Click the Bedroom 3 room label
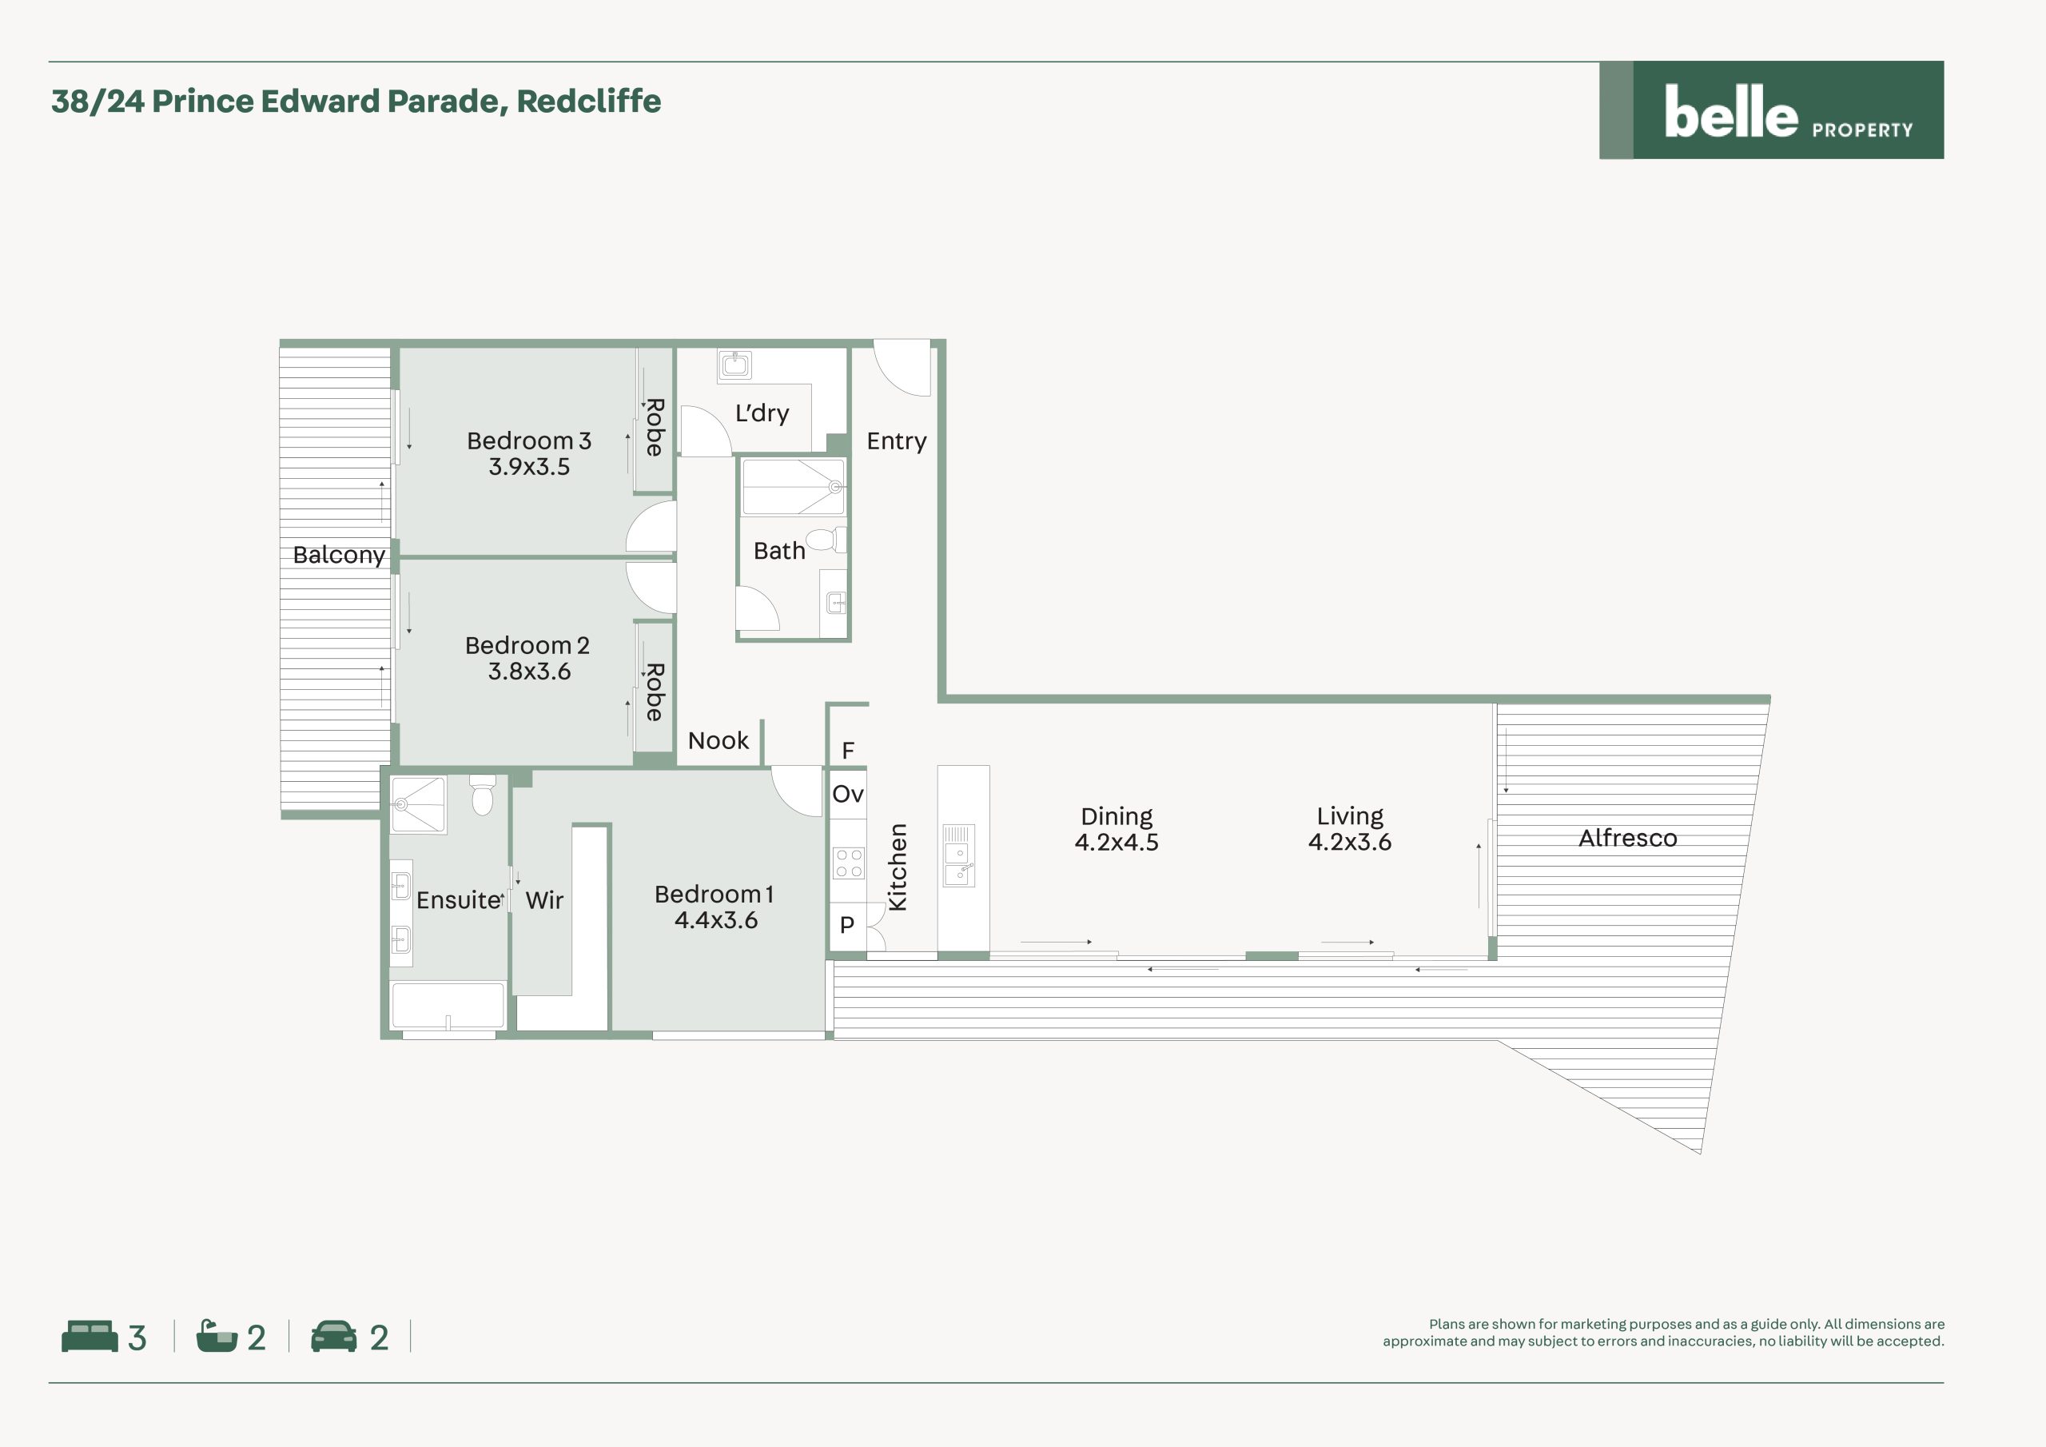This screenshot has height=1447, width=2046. pos(528,440)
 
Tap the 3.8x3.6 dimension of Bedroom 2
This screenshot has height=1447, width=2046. pos(528,672)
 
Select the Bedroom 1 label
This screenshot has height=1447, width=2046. pos(714,895)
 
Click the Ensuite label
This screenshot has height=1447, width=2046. pos(458,899)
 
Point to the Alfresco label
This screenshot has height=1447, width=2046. pos(1627,838)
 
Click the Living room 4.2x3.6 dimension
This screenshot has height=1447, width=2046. pos(1349,842)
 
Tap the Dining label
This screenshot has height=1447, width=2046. pos(1117,818)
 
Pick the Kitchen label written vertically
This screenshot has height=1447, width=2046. pos(898,867)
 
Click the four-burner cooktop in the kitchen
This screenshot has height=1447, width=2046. pos(848,862)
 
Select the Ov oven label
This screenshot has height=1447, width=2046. pos(847,794)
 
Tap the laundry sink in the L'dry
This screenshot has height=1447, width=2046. pos(735,364)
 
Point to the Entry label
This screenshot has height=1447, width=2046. pos(897,441)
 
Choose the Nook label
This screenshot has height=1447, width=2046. pos(718,740)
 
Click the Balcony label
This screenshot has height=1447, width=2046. pos(339,555)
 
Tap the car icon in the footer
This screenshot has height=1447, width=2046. pos(333,1337)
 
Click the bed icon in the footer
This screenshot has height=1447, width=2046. pos(89,1337)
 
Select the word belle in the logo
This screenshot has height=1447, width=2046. pos(1730,113)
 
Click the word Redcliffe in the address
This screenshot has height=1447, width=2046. pos(589,102)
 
